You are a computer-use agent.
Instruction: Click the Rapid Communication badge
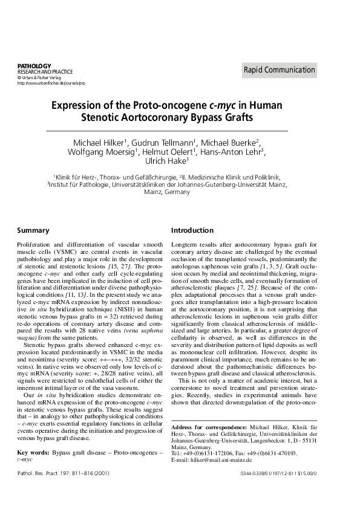tap(279, 70)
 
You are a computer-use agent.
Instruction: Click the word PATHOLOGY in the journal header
tap(34, 65)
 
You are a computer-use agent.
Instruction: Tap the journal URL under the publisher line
tap(48, 83)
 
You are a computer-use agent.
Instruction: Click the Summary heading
tap(33, 230)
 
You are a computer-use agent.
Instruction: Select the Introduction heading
tap(192, 230)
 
